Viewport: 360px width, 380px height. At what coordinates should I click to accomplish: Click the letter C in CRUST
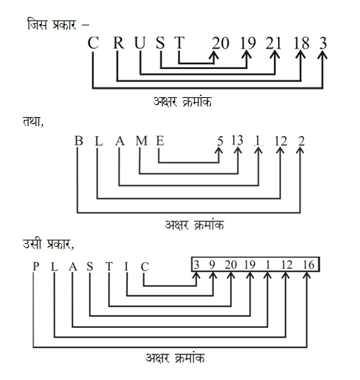[93, 43]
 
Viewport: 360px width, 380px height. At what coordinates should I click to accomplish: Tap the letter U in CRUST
[140, 43]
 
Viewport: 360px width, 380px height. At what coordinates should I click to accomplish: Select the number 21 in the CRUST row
[274, 43]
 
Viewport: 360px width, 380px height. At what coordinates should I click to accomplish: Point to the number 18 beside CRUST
[301, 43]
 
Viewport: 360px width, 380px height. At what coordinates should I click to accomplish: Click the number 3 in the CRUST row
[323, 43]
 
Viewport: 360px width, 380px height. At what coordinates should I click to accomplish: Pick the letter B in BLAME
[78, 141]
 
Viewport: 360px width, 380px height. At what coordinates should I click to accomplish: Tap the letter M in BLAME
[141, 141]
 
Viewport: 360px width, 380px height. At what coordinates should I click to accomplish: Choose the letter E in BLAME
[160, 141]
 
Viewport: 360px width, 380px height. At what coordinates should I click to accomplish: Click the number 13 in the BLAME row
[237, 140]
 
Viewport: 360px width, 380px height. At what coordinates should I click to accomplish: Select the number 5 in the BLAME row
[220, 141]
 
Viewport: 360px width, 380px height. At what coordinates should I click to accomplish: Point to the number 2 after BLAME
[301, 141]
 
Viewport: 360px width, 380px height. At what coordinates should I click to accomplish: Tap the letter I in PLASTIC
[127, 267]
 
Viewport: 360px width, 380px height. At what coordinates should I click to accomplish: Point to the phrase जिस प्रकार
[51, 25]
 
